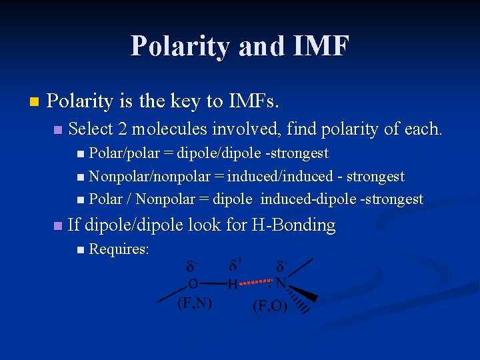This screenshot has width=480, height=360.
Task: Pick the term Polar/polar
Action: [x=124, y=153]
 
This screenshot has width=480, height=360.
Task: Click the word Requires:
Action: [x=119, y=249]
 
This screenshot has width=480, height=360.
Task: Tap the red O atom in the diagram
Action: [x=193, y=284]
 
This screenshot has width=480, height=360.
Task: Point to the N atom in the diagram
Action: [x=281, y=284]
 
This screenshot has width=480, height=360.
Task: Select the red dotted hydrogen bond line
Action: [x=257, y=283]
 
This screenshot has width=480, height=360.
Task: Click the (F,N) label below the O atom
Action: [x=194, y=304]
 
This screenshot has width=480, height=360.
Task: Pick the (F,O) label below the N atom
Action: [x=269, y=306]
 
